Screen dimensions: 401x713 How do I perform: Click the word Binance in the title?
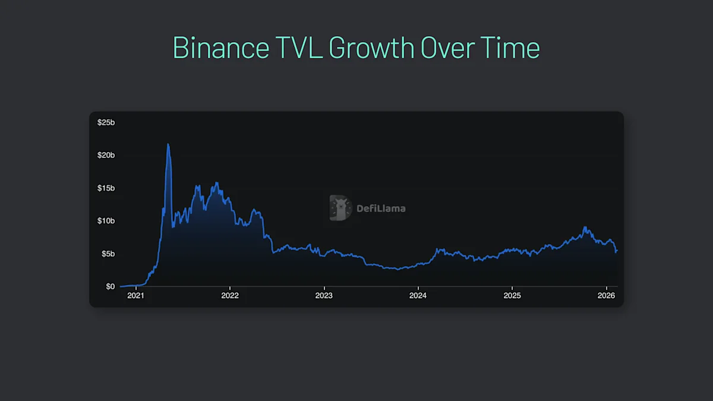point(219,48)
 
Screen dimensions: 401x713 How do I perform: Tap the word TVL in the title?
point(297,48)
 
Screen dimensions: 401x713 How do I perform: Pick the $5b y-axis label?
point(108,254)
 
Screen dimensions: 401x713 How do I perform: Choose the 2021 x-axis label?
point(135,296)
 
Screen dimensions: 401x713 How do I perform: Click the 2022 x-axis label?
point(229,296)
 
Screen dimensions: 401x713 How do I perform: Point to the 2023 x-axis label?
point(324,296)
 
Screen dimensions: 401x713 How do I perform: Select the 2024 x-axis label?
point(418,296)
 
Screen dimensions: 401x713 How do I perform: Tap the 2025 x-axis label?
point(512,296)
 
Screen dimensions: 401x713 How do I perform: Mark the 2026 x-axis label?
point(606,296)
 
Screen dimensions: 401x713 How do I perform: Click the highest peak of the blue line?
point(168,144)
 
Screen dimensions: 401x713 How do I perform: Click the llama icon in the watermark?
point(340,208)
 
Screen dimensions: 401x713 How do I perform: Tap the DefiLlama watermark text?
point(380,209)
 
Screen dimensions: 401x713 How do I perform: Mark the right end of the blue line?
point(617,250)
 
